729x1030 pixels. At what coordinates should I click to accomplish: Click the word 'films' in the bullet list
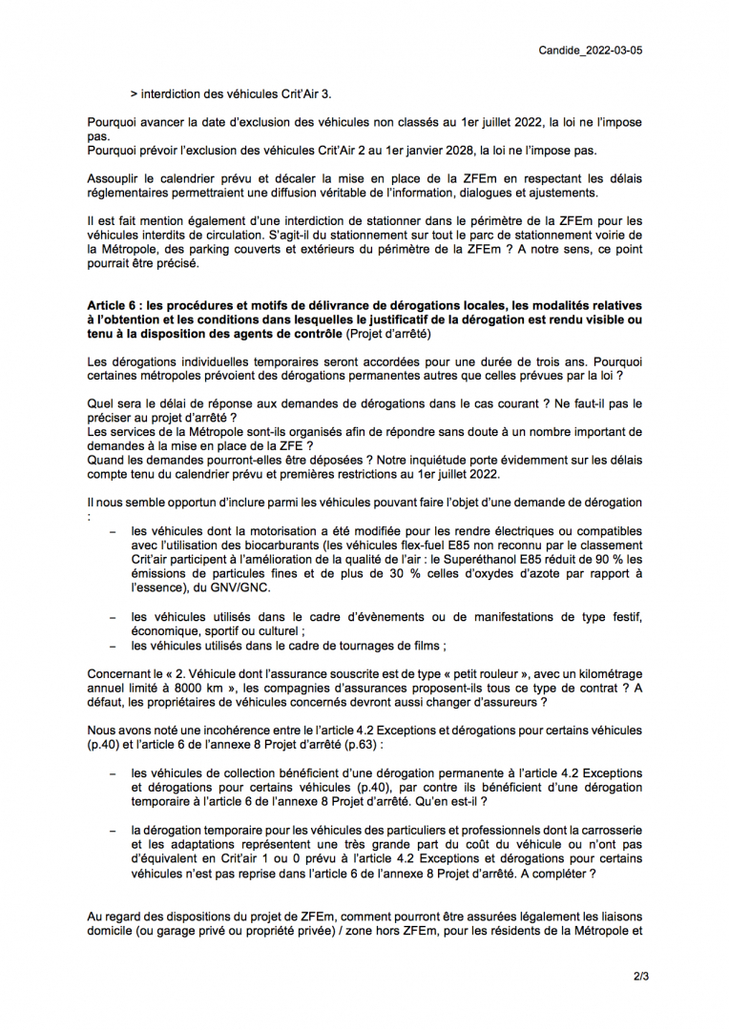click(x=422, y=646)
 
